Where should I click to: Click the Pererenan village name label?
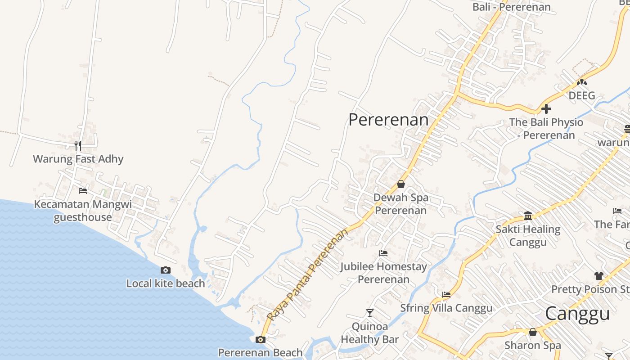388,120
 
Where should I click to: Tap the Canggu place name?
577,314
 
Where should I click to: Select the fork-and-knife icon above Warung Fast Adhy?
78,145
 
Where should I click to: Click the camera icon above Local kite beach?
166,270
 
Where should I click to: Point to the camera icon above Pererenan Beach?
261,339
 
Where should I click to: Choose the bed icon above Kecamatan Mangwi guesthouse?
83,191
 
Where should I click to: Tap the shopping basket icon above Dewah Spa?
400,184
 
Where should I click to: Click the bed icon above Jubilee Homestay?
383,253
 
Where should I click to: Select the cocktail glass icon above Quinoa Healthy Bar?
370,313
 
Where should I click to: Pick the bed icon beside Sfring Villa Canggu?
446,295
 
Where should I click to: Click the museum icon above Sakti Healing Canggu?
528,216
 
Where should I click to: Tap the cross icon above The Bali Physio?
546,109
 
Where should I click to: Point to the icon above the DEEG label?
582,83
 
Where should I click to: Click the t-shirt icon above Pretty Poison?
598,276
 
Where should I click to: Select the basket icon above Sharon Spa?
533,332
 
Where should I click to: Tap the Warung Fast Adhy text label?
78,159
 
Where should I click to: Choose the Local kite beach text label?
166,283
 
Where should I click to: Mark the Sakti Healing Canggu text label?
528,236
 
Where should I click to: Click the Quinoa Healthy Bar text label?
370,333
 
